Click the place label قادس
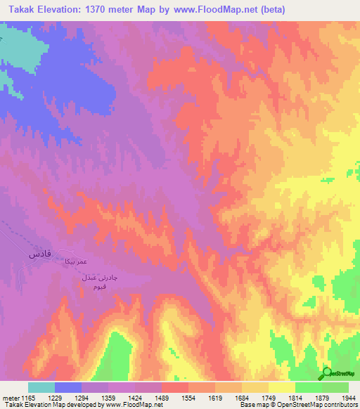(39, 254)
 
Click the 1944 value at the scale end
(347, 398)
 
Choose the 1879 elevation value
(320, 398)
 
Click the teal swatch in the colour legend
(41, 387)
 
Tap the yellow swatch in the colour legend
(281, 387)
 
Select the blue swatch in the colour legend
(68, 387)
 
